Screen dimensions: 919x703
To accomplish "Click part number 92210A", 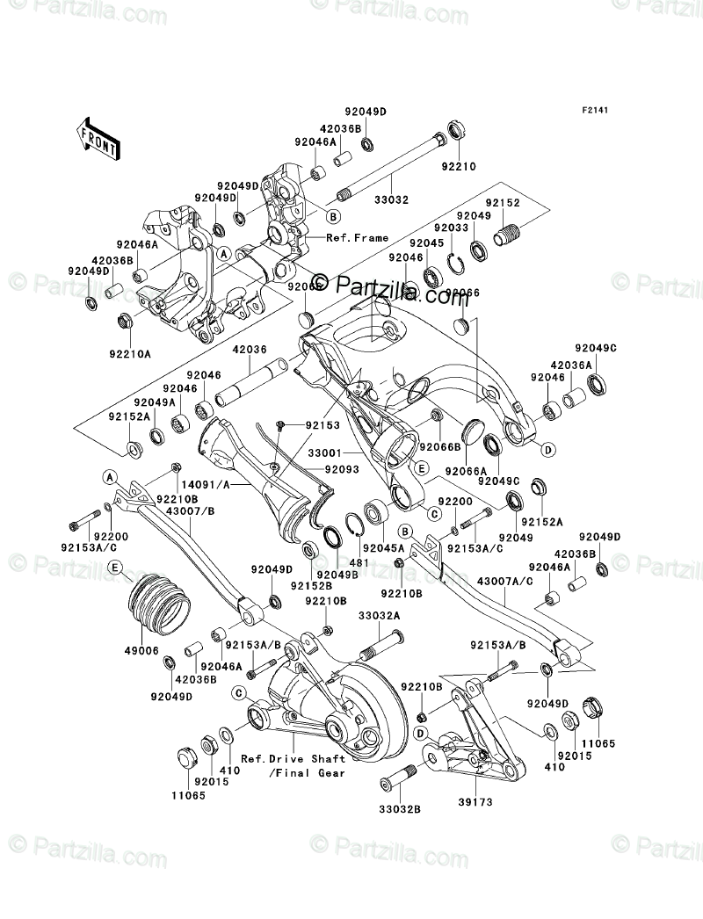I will pyautogui.click(x=130, y=354).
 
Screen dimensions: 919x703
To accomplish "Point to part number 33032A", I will pyautogui.click(x=380, y=618).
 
